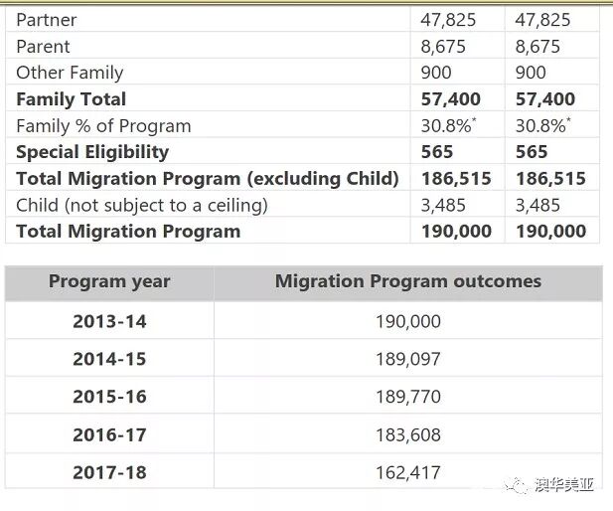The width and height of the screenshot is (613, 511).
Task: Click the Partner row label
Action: pyautogui.click(x=47, y=20)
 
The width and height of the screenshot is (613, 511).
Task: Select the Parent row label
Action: pyautogui.click(x=44, y=47)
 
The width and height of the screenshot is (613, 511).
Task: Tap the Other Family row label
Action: pyautogui.click(x=70, y=73)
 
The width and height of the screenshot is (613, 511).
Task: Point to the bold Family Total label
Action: pyautogui.click(x=72, y=99)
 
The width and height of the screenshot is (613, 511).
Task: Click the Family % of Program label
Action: pyautogui.click(x=103, y=126)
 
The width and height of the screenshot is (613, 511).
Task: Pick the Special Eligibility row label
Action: pyautogui.click(x=92, y=152)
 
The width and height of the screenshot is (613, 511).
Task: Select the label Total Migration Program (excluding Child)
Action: pyautogui.click(x=208, y=179)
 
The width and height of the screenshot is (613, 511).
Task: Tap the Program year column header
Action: pyautogui.click(x=109, y=281)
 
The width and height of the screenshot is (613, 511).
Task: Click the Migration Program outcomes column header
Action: pyautogui.click(x=408, y=281)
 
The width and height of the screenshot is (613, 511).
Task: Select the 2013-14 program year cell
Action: pyautogui.click(x=109, y=321)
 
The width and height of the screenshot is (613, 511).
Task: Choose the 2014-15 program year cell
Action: pyautogui.click(x=109, y=359)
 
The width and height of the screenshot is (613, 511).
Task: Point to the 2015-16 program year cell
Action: pyautogui.click(x=109, y=397)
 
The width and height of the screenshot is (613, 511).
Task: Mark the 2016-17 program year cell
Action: pyautogui.click(x=109, y=434)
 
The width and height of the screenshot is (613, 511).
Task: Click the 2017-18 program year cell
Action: pyautogui.click(x=109, y=472)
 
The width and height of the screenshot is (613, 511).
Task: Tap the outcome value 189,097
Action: pyautogui.click(x=408, y=359)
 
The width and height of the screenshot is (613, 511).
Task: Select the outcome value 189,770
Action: pyautogui.click(x=408, y=397)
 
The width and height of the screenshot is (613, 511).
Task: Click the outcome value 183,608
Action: pyautogui.click(x=408, y=434)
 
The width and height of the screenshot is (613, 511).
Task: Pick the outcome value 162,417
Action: pyautogui.click(x=408, y=472)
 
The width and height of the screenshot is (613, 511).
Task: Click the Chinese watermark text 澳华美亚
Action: pyautogui.click(x=563, y=486)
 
